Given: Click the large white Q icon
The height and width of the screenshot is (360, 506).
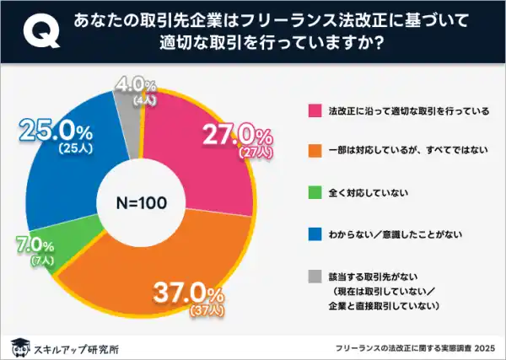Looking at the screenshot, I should [35, 33].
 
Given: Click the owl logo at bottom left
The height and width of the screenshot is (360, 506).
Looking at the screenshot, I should [19, 345].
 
